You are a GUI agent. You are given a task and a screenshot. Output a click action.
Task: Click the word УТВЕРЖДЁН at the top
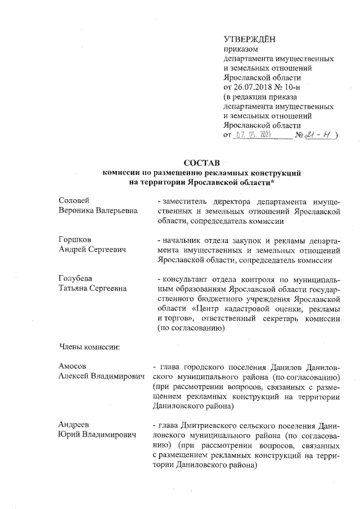click(250, 39)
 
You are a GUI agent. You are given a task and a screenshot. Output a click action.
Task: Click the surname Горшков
click(75, 240)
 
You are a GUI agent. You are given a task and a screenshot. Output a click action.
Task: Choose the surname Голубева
click(76, 278)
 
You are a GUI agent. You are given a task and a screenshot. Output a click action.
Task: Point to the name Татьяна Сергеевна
click(92, 289)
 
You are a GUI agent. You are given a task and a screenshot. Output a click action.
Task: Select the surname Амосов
click(73, 367)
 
